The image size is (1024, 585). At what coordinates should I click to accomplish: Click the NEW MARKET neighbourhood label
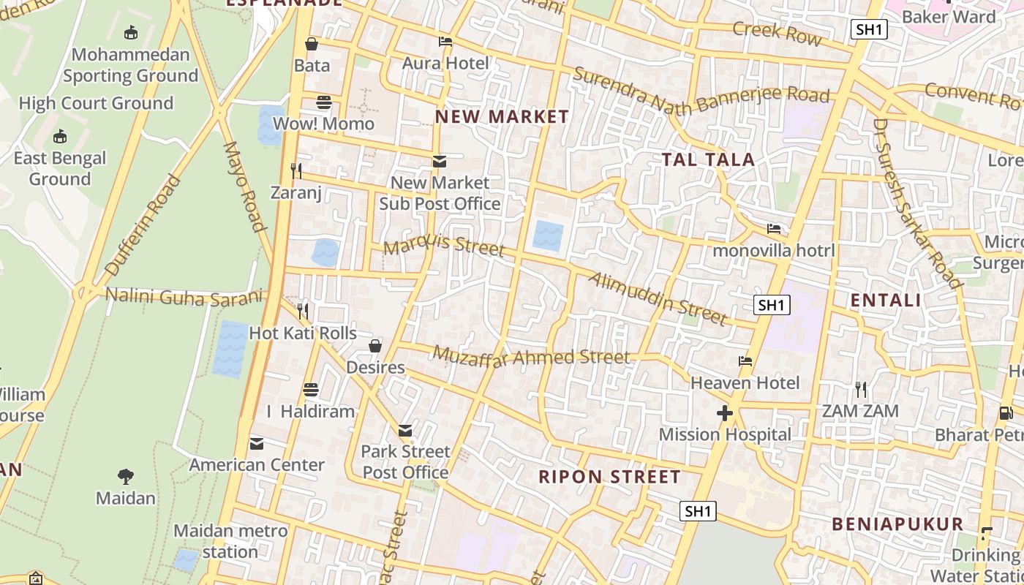pyautogui.click(x=502, y=117)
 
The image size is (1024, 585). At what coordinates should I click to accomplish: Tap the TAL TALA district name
pyautogui.click(x=708, y=159)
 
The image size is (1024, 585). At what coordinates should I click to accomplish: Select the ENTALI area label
pyautogui.click(x=886, y=300)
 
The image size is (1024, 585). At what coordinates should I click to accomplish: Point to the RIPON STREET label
pyautogui.click(x=609, y=477)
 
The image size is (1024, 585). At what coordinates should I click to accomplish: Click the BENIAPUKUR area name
pyautogui.click(x=897, y=524)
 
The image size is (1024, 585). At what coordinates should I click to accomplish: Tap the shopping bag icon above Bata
pyautogui.click(x=312, y=44)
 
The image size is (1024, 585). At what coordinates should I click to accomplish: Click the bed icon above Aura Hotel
pyautogui.click(x=445, y=42)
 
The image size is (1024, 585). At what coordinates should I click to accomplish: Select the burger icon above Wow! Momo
pyautogui.click(x=323, y=102)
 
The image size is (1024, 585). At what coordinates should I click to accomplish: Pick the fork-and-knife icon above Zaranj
pyautogui.click(x=296, y=171)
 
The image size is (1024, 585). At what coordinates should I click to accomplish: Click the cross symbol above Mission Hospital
pyautogui.click(x=725, y=414)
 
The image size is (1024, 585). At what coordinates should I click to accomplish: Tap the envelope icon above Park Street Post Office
pyautogui.click(x=405, y=431)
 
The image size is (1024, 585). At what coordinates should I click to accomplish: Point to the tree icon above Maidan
pyautogui.click(x=126, y=477)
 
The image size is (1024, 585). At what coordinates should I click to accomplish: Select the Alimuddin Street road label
pyautogui.click(x=658, y=298)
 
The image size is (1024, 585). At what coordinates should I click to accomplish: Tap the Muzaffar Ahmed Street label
pyautogui.click(x=531, y=357)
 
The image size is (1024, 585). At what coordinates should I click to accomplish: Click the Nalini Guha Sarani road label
pyautogui.click(x=184, y=296)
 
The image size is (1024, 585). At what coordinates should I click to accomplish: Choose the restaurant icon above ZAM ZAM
pyautogui.click(x=861, y=390)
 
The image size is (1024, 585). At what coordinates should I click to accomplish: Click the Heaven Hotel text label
pyautogui.click(x=745, y=382)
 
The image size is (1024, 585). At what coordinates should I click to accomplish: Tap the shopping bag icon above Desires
pyautogui.click(x=375, y=346)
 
